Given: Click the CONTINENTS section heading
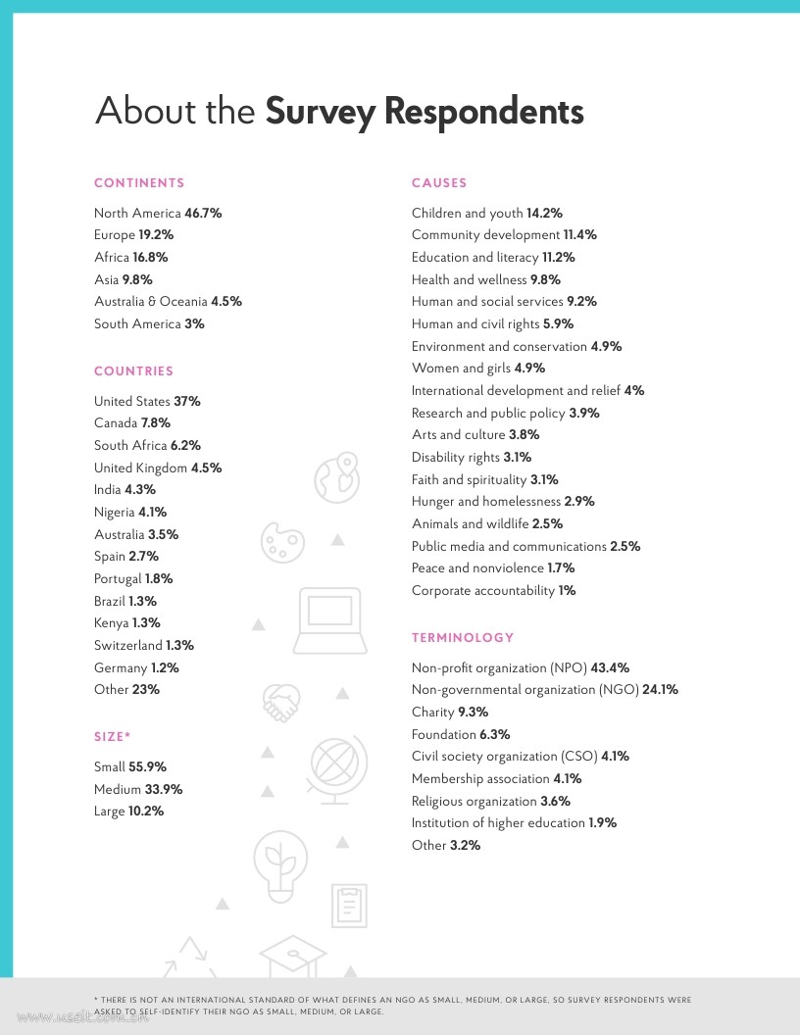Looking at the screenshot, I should pos(139,183).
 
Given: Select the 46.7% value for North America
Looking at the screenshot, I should pos(203,213).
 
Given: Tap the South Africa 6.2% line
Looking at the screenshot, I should pos(147,445).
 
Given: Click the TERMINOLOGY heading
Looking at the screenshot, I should pos(463,638).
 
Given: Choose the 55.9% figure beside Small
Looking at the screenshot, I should pos(147,766).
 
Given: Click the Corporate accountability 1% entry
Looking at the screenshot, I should pos(493,590).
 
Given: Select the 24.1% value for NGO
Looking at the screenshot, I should pos(660,689).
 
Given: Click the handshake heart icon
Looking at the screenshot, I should pos(281,701).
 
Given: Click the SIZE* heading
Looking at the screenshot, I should pos(112,736).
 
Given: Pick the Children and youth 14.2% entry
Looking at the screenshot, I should pos(486,213).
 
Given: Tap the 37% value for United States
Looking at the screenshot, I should pos(187,401).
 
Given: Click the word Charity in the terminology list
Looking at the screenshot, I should pos(432,712).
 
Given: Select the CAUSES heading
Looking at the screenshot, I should pos(439,183).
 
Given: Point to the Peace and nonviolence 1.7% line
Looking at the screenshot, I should pos(492,567).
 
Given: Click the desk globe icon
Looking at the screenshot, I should pos(338,769).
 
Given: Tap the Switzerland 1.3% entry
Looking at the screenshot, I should pos(143,645).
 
